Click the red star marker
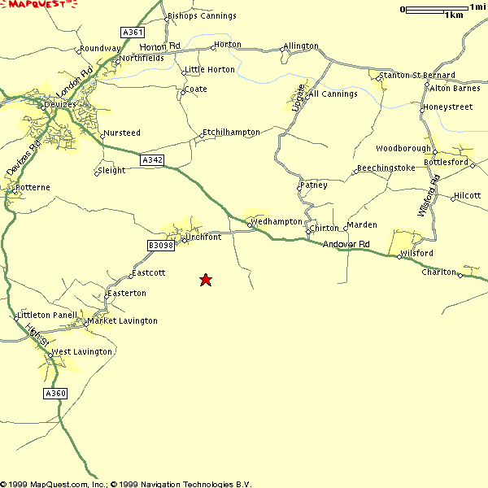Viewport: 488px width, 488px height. pos(206,280)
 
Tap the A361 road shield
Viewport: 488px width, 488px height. pos(132,33)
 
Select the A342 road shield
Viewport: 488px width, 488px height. pos(152,160)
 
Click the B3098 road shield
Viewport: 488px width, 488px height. pos(160,245)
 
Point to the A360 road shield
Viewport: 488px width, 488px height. pos(54,394)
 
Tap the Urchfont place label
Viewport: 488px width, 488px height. pos(203,237)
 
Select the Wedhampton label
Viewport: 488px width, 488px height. pos(277,221)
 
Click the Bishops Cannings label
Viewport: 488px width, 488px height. pos(202,15)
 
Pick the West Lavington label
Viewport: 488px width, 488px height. pos(81,352)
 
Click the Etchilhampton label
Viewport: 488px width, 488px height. pos(231,132)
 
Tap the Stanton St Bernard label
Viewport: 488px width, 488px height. pos(417,75)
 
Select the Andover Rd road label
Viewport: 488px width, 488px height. pos(346,245)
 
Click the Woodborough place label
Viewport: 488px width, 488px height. pos(403,149)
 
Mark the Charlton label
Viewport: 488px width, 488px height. pos(438,272)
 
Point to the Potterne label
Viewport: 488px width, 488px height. pos(33,187)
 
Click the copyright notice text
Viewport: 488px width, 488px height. pos(126,483)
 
